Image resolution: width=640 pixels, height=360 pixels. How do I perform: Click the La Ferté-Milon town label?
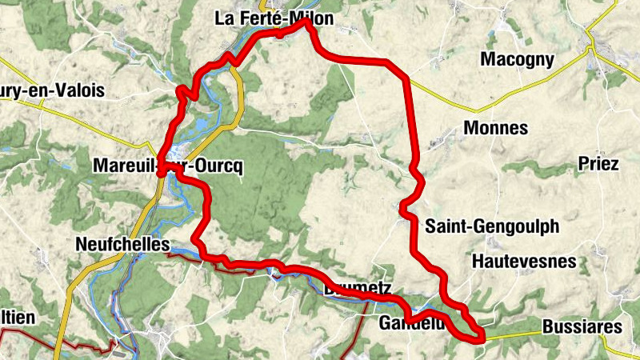(274, 18)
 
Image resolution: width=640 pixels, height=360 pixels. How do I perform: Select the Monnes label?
(496, 128)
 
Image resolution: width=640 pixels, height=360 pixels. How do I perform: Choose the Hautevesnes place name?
(523, 261)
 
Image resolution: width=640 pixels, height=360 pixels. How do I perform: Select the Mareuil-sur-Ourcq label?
(167, 166)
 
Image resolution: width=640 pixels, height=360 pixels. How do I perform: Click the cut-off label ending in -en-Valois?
(52, 91)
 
